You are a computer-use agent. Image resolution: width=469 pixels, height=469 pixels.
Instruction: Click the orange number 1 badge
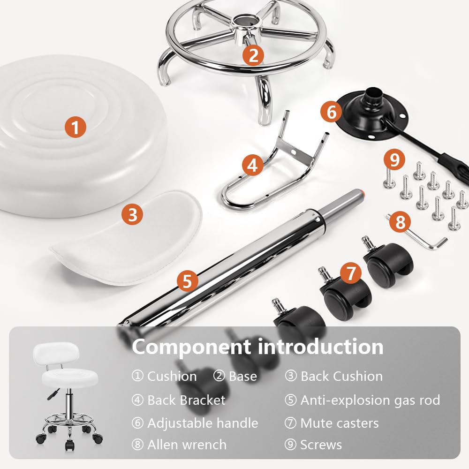point(76,127)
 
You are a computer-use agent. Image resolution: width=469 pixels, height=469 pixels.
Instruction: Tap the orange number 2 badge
point(253,55)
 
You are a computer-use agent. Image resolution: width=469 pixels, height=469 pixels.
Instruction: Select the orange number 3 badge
point(132,214)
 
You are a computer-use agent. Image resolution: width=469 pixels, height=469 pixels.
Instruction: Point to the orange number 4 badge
point(252,165)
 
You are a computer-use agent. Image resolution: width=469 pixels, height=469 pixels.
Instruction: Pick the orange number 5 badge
point(188,281)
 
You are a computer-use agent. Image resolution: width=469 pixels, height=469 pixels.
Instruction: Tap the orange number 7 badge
point(351,273)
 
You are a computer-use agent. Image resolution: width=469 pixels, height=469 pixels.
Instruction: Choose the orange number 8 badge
point(400,222)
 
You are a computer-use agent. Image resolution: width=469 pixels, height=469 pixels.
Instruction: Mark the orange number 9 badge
point(394,159)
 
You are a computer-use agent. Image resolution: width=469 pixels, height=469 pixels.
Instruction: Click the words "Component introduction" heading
point(257,347)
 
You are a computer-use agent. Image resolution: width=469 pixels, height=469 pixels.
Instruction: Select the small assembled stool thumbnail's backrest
point(56,355)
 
